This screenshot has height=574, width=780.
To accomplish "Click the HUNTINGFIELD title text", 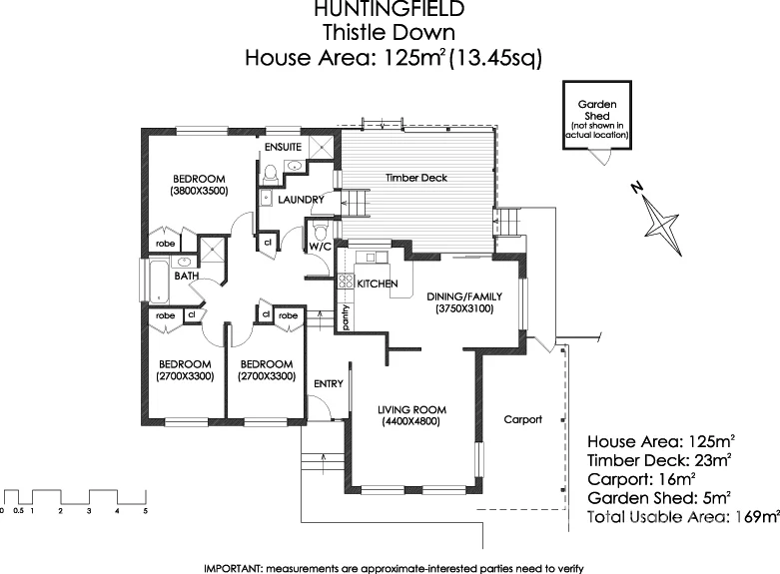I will (389, 10).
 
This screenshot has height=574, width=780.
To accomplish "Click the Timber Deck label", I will (416, 178).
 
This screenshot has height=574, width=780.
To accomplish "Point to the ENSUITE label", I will (283, 147).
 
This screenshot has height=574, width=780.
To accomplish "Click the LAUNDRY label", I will (301, 200).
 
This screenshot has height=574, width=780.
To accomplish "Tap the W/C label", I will (320, 246).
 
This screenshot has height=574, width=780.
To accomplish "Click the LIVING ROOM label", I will (411, 409).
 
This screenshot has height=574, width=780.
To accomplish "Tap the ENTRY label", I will (328, 384).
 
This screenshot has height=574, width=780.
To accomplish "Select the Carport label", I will (522, 419).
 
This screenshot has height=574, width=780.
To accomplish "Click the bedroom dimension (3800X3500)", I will (200, 190).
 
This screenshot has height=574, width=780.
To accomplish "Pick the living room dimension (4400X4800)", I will (411, 422).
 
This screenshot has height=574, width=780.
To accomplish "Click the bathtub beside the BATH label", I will (159, 281).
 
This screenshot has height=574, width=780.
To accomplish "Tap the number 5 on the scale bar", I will (146, 511).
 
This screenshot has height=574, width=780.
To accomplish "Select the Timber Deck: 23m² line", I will (660, 460).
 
